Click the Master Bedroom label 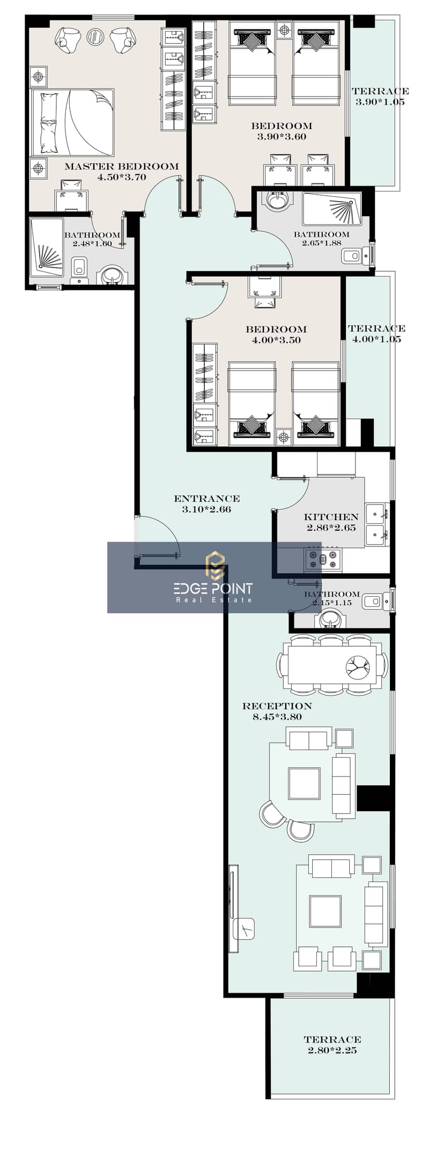point(122,166)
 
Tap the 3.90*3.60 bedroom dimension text point(282,137)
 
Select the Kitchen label point(331,517)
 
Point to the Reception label point(277,706)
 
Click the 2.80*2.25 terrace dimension point(332,1050)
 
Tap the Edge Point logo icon point(215,565)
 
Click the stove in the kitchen point(323,559)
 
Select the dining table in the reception point(332,665)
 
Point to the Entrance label point(206,499)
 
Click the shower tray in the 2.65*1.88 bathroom point(332,209)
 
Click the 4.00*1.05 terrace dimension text point(376,339)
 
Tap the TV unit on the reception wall point(233,909)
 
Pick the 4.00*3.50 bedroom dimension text point(276,340)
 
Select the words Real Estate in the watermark point(214,600)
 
